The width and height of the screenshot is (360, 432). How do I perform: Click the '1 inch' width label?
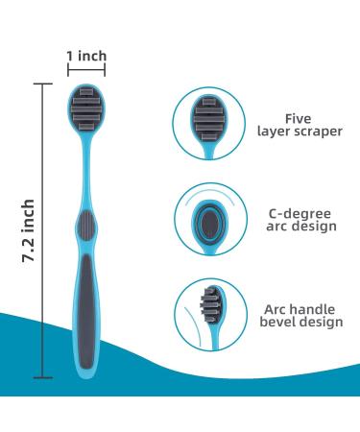pyautogui.click(x=86, y=56)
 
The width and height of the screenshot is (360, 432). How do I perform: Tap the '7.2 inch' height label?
pyautogui.click(x=29, y=233)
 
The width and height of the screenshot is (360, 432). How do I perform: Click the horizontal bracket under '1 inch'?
pyautogui.click(x=86, y=71)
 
